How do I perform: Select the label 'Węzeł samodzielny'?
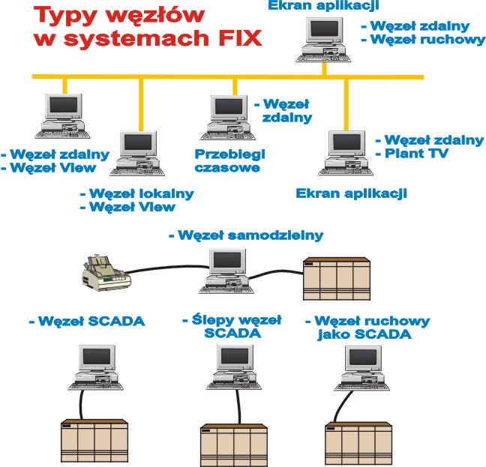(246, 235)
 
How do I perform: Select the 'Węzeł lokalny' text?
(141, 193)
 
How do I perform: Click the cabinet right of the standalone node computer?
(336, 277)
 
